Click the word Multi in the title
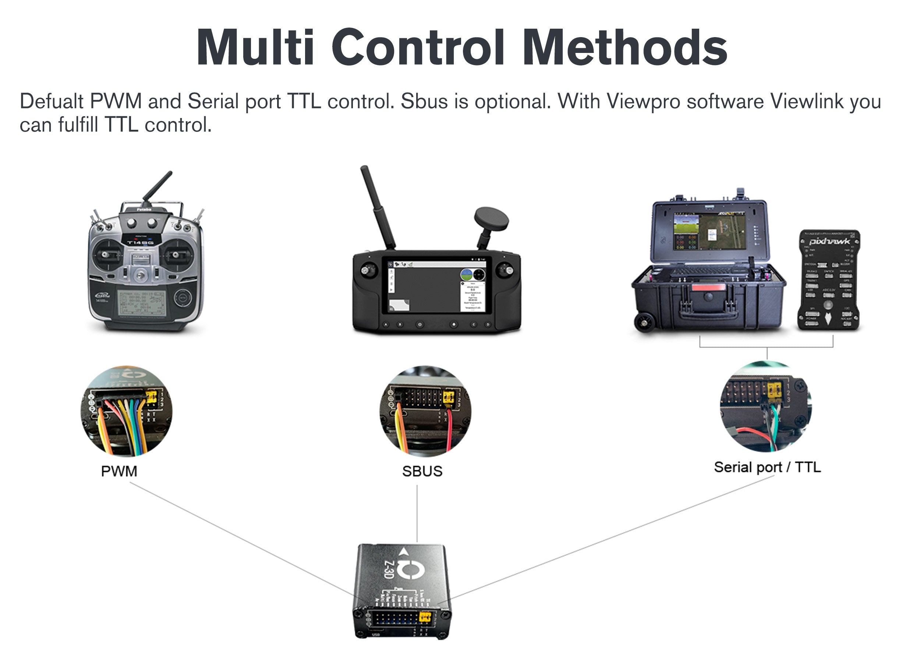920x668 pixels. tap(255, 48)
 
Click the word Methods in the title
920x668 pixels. tap(625, 48)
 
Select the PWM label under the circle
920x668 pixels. tap(119, 471)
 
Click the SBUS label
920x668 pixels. tap(422, 471)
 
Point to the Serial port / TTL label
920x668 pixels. tap(767, 467)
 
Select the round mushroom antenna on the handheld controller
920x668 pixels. tap(491, 219)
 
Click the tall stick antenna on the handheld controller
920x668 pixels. tap(377, 207)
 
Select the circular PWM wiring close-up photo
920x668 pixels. tap(126, 411)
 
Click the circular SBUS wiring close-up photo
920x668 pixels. tap(425, 411)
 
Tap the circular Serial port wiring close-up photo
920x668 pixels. tap(766, 407)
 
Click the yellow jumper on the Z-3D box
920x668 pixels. tap(425, 617)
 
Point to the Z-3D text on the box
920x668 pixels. tap(388, 569)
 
